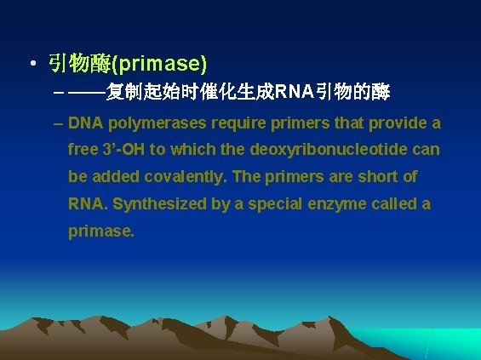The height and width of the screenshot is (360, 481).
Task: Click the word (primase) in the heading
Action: tap(159, 64)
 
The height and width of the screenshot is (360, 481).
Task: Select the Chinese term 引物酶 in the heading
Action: tap(78, 64)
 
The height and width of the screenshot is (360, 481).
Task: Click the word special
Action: tap(272, 204)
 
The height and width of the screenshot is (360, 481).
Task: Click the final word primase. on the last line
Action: tap(101, 231)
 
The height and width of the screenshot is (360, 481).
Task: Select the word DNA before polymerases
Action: tap(85, 123)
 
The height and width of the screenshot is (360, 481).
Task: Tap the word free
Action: tap(83, 150)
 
